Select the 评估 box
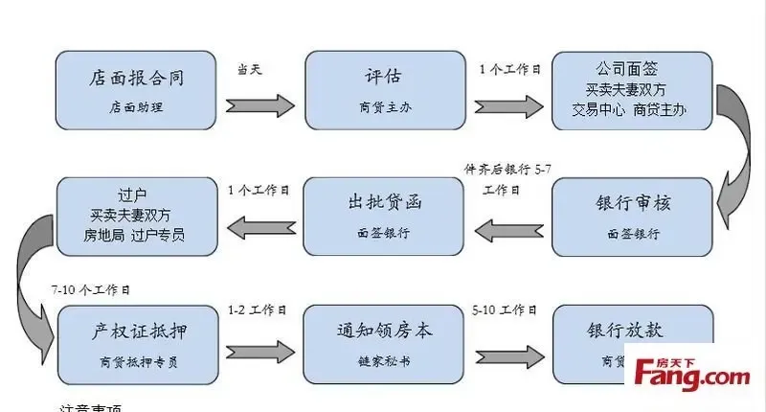click(x=383, y=91)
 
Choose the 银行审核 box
click(x=633, y=217)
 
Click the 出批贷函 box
click(x=384, y=216)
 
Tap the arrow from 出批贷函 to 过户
click(x=261, y=227)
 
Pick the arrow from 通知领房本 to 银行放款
click(x=507, y=349)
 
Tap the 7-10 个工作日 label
click(x=91, y=288)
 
